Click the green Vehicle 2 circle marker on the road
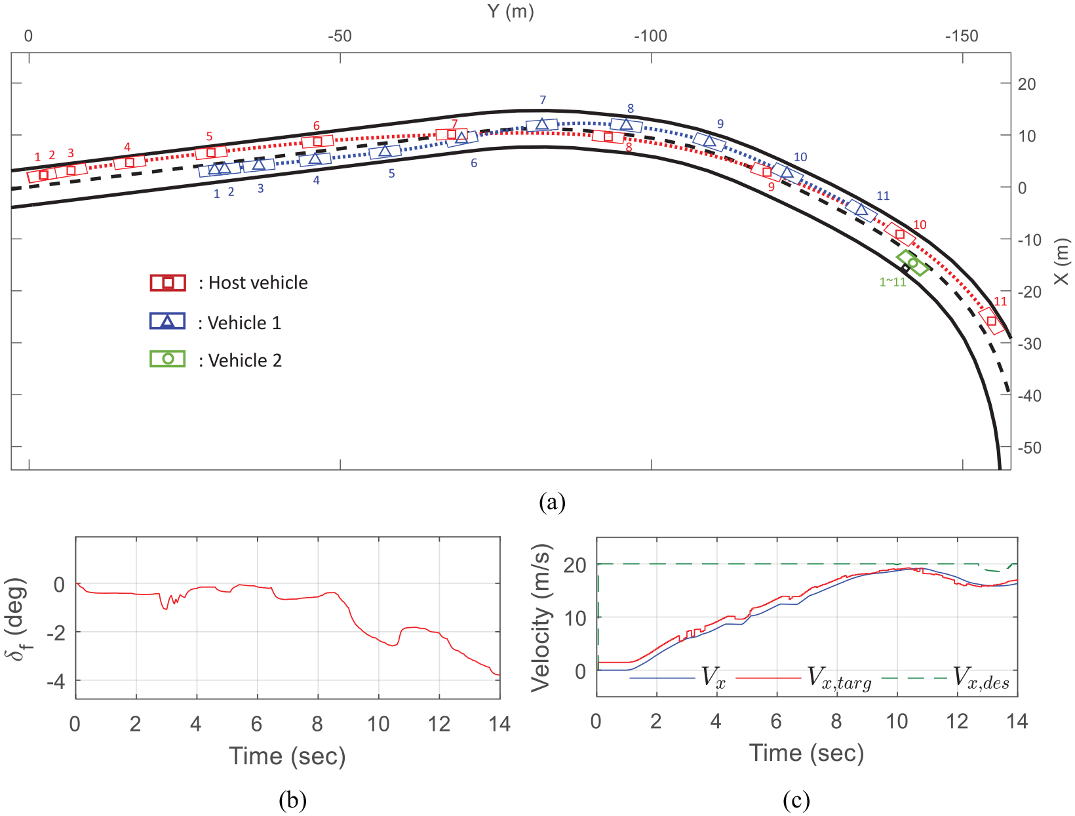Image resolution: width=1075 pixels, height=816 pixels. click(x=912, y=263)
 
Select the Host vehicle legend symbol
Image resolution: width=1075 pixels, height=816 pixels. click(x=168, y=282)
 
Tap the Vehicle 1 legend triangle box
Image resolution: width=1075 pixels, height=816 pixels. click(x=168, y=321)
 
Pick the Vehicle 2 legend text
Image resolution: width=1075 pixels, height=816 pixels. click(x=245, y=360)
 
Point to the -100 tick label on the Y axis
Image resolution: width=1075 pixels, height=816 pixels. click(x=650, y=36)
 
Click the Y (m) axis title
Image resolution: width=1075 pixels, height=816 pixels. click(x=511, y=10)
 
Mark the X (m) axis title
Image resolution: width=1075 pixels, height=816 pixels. click(x=1061, y=261)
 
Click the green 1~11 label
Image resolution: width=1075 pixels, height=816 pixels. click(x=892, y=282)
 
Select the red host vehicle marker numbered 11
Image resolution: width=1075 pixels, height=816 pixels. click(x=992, y=321)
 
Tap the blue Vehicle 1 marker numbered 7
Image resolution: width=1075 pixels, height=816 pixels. click(x=541, y=125)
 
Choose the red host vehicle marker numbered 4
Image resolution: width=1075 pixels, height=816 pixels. click(x=129, y=162)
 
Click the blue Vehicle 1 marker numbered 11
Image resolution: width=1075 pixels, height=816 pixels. click(x=861, y=210)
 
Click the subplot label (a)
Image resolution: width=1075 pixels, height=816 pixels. click(x=552, y=502)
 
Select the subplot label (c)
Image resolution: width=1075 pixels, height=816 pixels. click(x=796, y=800)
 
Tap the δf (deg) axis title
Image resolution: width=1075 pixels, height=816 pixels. click(x=16, y=619)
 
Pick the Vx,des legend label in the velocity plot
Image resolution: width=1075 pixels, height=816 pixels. click(x=981, y=678)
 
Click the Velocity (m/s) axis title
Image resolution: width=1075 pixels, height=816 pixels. click(x=541, y=618)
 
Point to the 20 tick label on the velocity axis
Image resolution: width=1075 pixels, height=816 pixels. click(x=574, y=566)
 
